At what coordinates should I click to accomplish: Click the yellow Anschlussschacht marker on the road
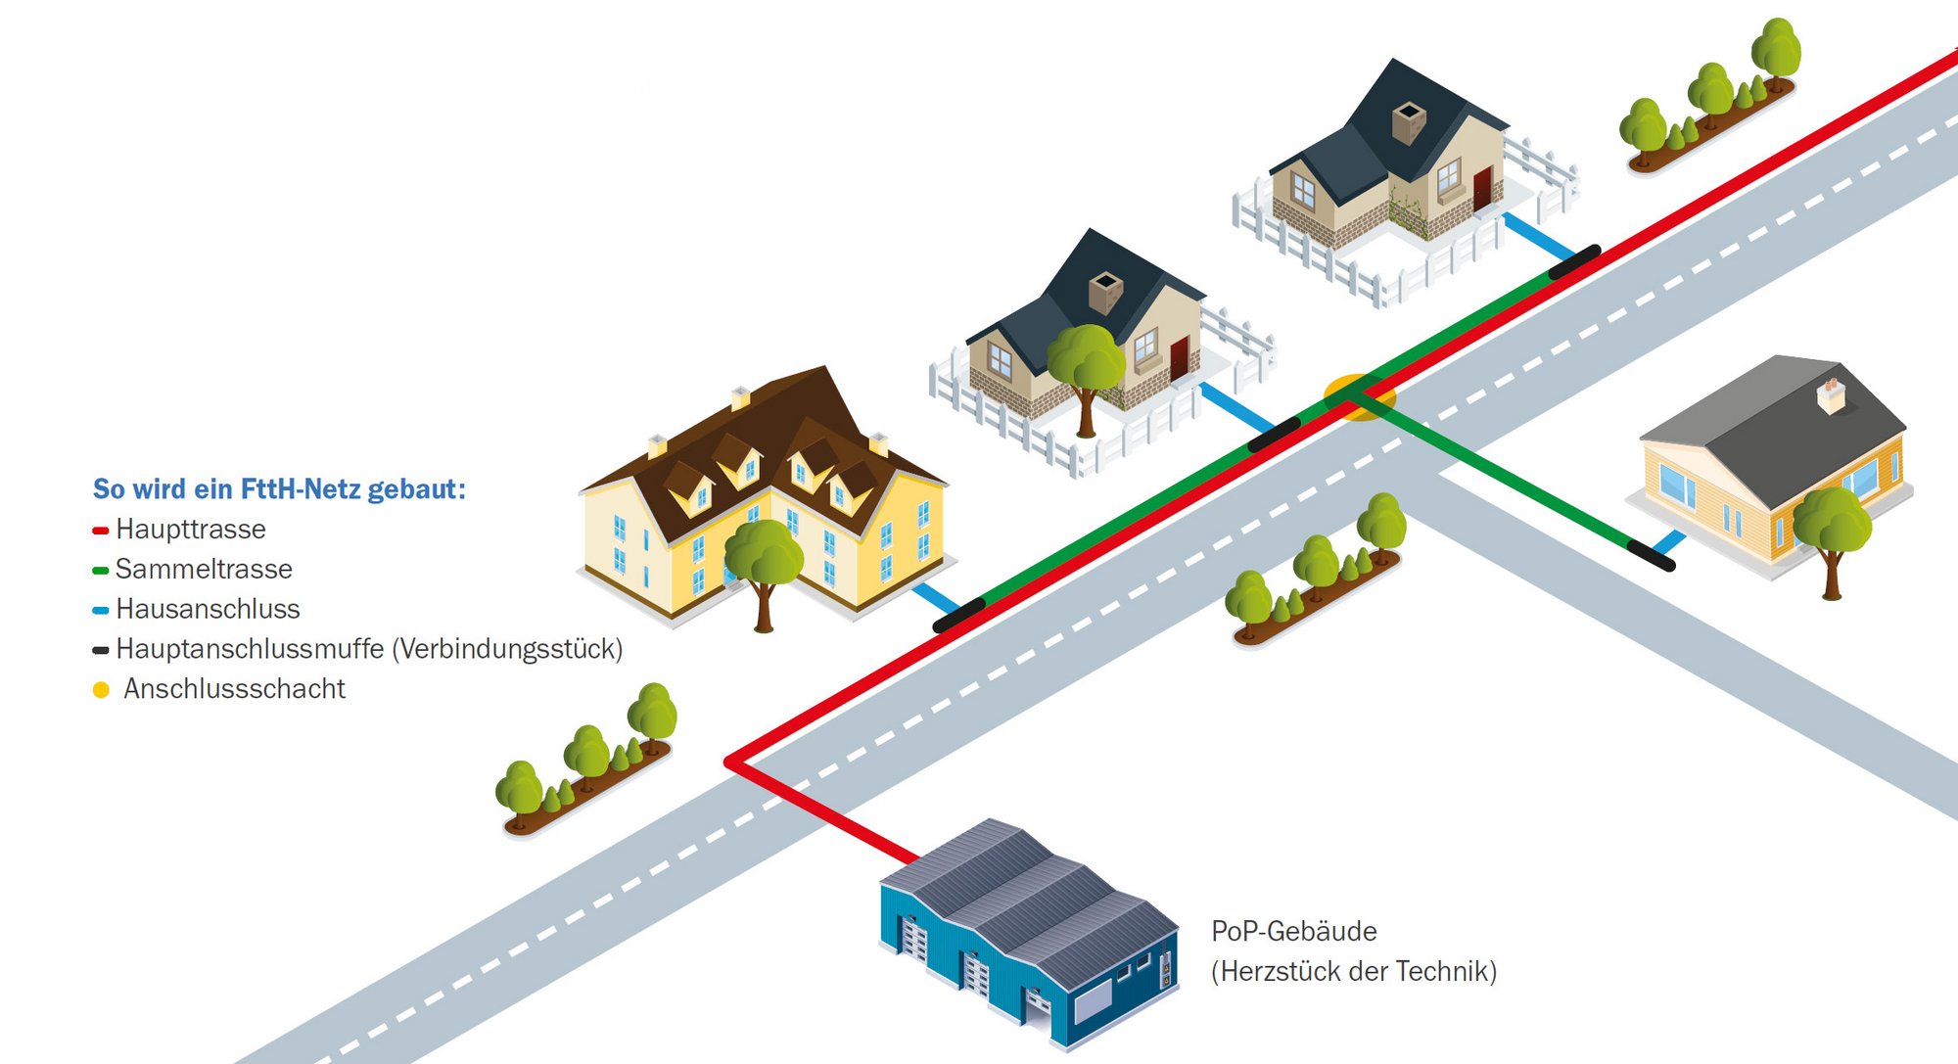[1359, 396]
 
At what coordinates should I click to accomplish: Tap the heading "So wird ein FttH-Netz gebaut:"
[279, 488]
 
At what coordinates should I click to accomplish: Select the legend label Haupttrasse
[191, 530]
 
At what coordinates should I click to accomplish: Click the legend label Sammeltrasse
[204, 569]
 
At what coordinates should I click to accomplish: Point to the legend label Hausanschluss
[208, 609]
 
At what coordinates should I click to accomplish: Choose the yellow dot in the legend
[101, 690]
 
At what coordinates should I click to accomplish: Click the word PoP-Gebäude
[1293, 931]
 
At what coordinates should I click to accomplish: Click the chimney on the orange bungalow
[1831, 393]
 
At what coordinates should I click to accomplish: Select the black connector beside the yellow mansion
[958, 616]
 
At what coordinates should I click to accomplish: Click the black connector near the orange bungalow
[1651, 555]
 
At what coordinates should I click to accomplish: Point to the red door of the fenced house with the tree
[1179, 357]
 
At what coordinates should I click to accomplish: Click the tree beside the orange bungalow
[1832, 533]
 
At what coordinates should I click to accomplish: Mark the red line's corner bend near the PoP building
[731, 762]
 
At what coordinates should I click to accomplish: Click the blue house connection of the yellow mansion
[935, 596]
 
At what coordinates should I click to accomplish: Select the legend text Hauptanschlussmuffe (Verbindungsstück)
[369, 649]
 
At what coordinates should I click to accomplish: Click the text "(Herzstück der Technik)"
[1354, 971]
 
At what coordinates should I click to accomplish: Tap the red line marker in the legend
[100, 531]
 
